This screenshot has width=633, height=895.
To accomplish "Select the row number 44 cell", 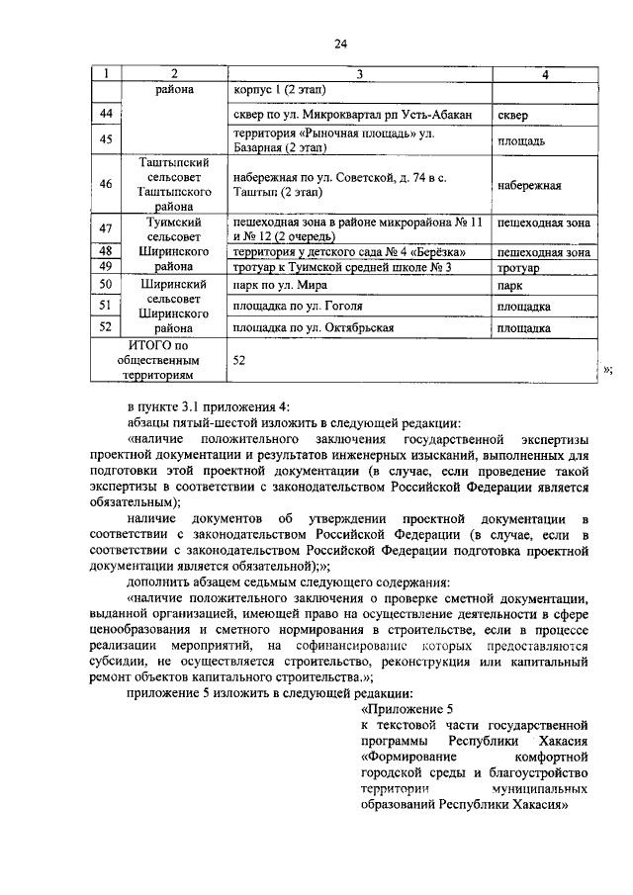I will (106, 116).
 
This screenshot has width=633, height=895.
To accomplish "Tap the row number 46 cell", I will (106, 184).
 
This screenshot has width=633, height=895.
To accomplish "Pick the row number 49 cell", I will (106, 267).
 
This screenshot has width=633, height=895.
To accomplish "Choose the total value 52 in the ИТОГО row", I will (240, 361).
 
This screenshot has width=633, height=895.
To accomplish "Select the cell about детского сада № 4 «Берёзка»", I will (348, 252).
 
